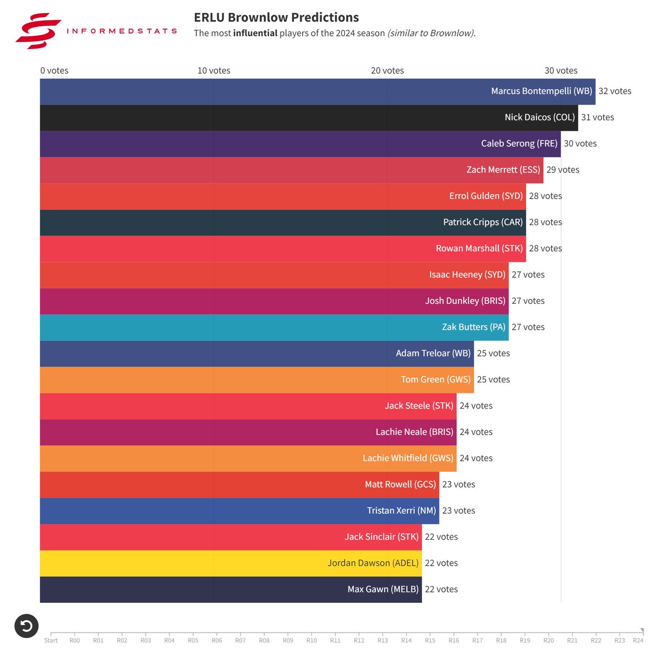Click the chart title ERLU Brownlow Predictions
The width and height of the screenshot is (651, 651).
click(276, 17)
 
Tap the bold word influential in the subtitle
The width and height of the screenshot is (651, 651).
click(255, 33)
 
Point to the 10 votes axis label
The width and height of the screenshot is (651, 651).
click(214, 71)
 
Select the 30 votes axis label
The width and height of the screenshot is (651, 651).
click(561, 71)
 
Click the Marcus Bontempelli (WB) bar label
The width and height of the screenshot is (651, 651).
click(541, 91)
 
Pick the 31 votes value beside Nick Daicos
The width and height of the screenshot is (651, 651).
click(597, 117)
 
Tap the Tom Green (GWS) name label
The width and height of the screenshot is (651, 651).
click(436, 380)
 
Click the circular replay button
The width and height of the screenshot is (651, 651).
click(26, 627)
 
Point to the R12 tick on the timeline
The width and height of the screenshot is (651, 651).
click(359, 640)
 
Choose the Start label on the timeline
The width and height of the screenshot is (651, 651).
click(51, 640)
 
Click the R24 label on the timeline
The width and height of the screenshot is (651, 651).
click(638, 640)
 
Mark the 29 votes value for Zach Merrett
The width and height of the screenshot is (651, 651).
click(563, 170)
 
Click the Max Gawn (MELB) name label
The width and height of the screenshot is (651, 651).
click(383, 589)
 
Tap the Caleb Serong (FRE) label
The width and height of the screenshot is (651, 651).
click(519, 144)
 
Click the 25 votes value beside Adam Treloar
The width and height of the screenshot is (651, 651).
click(493, 353)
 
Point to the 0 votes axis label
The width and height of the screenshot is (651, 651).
click(54, 71)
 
